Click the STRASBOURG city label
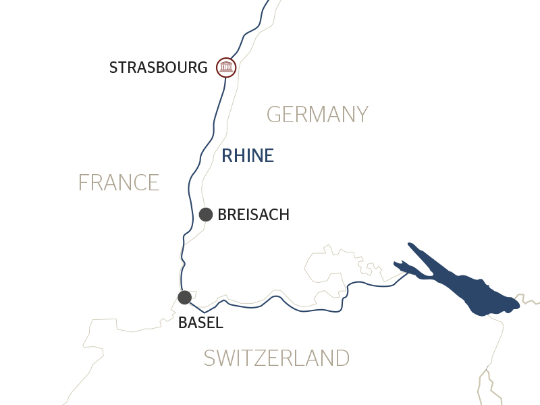click(158, 67)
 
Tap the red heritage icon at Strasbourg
click(225, 67)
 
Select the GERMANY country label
click(317, 115)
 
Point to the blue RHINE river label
click(248, 156)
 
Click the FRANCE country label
click(119, 183)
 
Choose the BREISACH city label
click(253, 215)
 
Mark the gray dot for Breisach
click(206, 215)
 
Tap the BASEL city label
click(200, 323)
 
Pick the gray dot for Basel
click(184, 297)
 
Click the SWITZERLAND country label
click(277, 358)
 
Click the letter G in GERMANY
click(274, 115)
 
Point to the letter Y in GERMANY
click(361, 115)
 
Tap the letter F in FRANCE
click(84, 183)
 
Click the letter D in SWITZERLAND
click(342, 358)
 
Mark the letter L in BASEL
click(219, 323)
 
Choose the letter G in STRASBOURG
click(202, 67)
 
